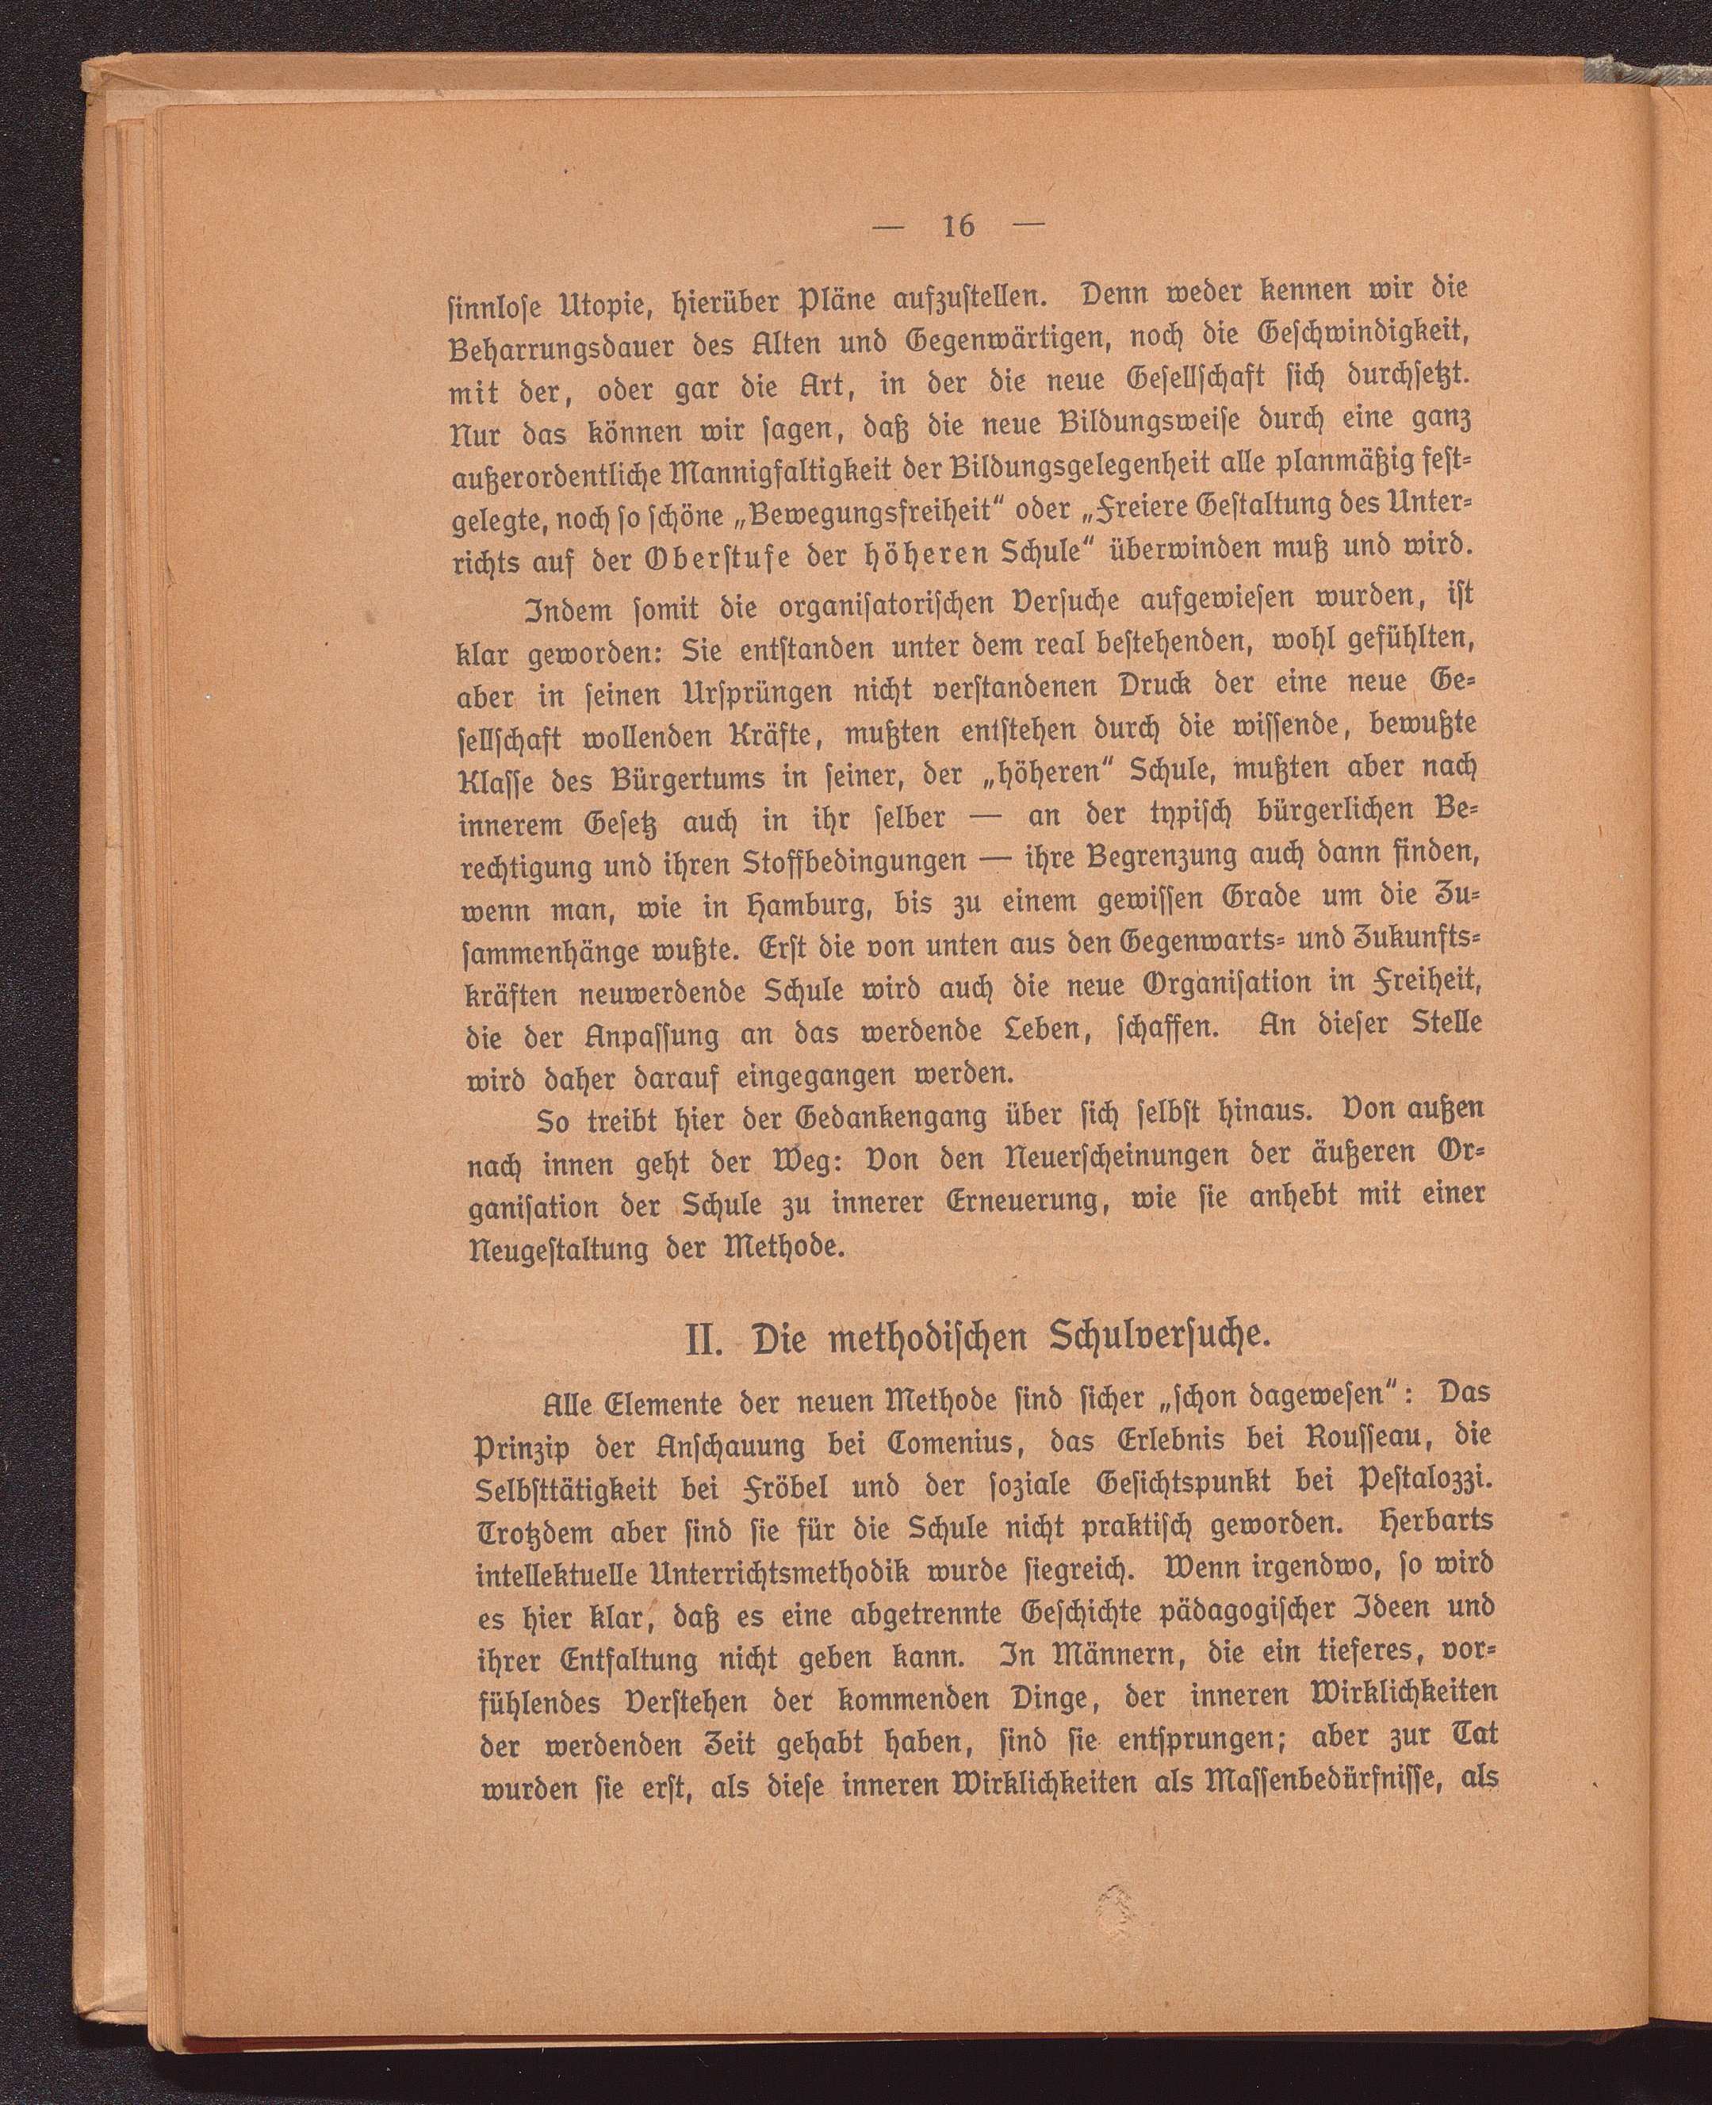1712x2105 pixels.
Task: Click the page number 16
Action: coord(959,226)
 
